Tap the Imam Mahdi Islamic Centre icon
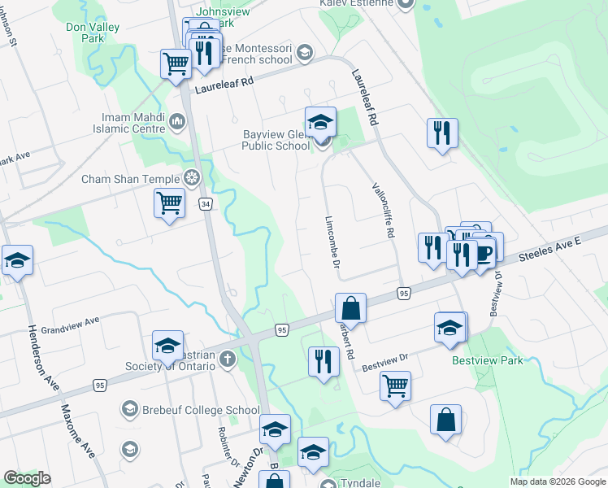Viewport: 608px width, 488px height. pos(178,122)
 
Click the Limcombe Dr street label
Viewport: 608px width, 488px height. pos(332,242)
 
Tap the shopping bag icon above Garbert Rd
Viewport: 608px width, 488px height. pos(350,308)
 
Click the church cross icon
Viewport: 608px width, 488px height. pos(227,359)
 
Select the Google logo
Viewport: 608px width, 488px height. pos(27,478)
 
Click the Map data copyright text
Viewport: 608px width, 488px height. pos(557,481)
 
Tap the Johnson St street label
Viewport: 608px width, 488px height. pos(9,32)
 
